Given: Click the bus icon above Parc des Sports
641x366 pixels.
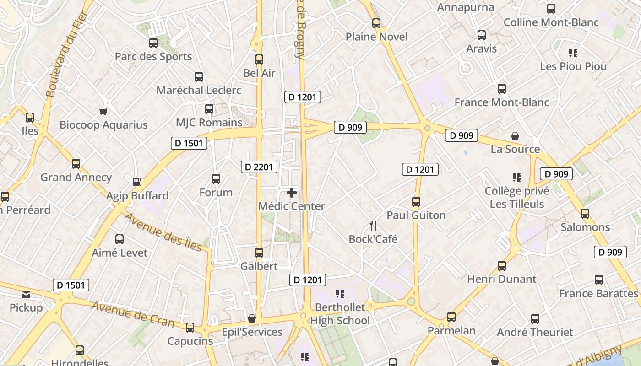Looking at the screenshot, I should coord(153,43).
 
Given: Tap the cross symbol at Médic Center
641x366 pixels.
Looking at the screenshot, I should coord(292,193).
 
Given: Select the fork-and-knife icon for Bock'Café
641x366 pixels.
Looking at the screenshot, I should coord(373,225).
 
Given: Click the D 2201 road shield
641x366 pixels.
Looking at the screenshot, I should coord(259,167).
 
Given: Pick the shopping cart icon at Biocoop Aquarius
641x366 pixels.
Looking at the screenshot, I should coord(103,111).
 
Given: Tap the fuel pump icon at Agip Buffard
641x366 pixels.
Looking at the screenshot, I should coord(137,182).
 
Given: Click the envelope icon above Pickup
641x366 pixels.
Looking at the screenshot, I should coord(26,294).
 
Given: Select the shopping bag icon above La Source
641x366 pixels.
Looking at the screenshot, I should coord(515,136).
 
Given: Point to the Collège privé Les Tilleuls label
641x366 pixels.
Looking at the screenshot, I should coord(517,198).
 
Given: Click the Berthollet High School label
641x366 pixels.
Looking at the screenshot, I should coord(340,314).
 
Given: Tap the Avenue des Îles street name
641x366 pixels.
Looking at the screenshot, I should coord(163,232).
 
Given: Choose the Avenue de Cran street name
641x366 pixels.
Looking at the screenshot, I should coord(133,314).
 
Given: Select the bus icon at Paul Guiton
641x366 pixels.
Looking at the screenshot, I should coord(416,201).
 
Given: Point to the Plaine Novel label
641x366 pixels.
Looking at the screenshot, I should coord(376,37).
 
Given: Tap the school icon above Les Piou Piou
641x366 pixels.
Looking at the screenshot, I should coord(573,53).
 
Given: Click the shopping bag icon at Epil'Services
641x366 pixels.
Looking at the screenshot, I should coord(251,318).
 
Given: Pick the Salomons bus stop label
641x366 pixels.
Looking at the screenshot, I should coord(585,227).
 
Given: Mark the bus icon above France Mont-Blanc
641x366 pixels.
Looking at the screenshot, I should coord(501,89).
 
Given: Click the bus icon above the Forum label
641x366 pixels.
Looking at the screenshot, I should coord(216,179).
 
